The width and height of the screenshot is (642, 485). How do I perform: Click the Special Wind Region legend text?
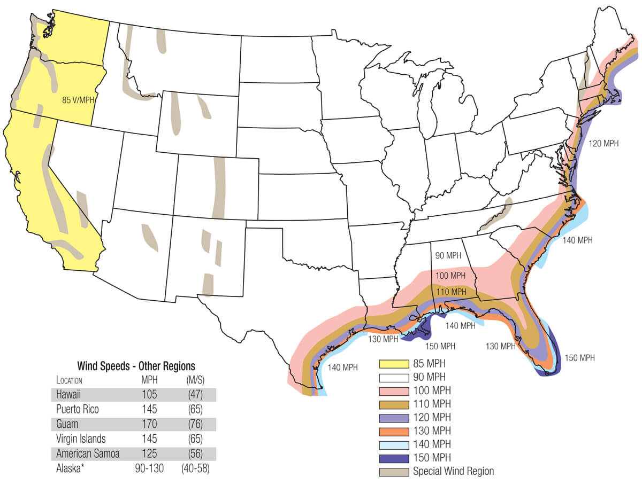(x=453, y=471)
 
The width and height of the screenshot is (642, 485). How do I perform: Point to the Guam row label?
(x=67, y=425)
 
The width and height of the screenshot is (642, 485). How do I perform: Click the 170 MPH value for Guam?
(x=149, y=425)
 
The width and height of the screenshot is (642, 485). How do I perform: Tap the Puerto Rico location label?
(x=78, y=410)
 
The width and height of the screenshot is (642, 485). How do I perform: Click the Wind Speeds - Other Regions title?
(x=136, y=366)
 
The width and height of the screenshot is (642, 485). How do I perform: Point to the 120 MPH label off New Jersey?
(x=603, y=143)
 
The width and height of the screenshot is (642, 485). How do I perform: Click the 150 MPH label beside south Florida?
(x=579, y=358)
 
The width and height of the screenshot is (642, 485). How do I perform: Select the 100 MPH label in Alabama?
(x=450, y=276)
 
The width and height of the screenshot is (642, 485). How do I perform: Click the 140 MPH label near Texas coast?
(x=342, y=367)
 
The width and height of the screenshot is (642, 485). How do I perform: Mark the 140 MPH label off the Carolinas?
(x=578, y=240)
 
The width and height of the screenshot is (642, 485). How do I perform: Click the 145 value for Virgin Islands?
(x=149, y=439)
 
